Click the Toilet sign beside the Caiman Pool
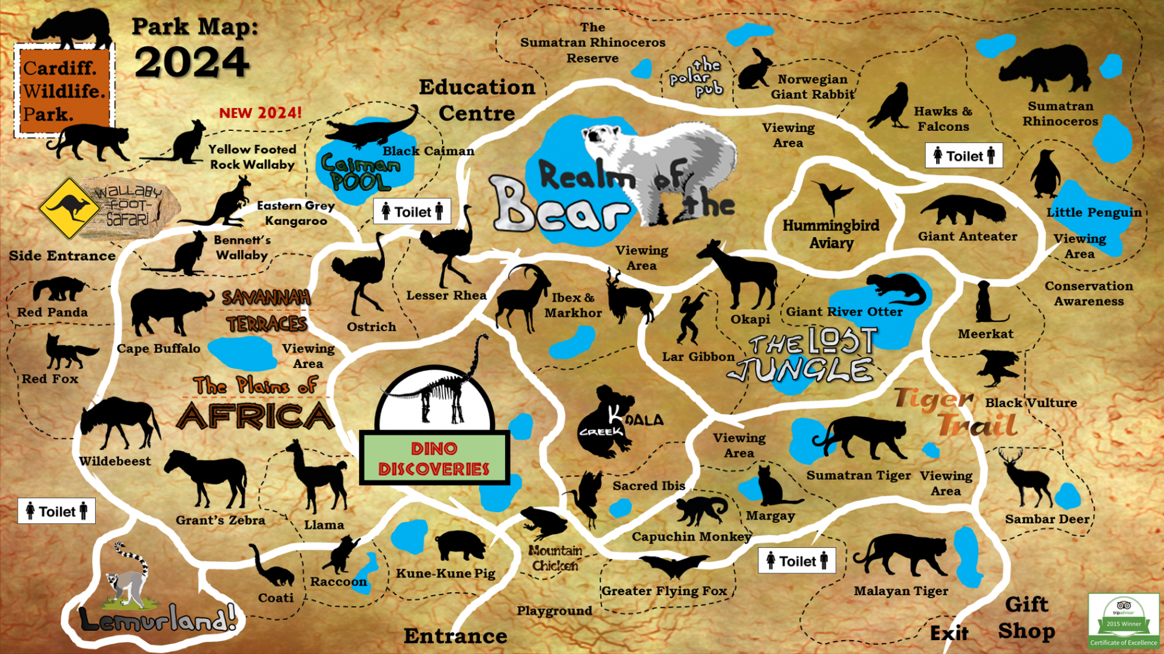coord(412,212)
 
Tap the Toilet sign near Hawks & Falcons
coord(963,156)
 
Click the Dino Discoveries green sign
coord(434,458)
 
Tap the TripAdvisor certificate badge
coord(1123,621)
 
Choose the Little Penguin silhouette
coord(1045,175)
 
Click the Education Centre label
coord(477,100)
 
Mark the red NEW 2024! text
coord(260,113)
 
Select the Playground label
coord(554,611)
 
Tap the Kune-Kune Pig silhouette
coord(460,546)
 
